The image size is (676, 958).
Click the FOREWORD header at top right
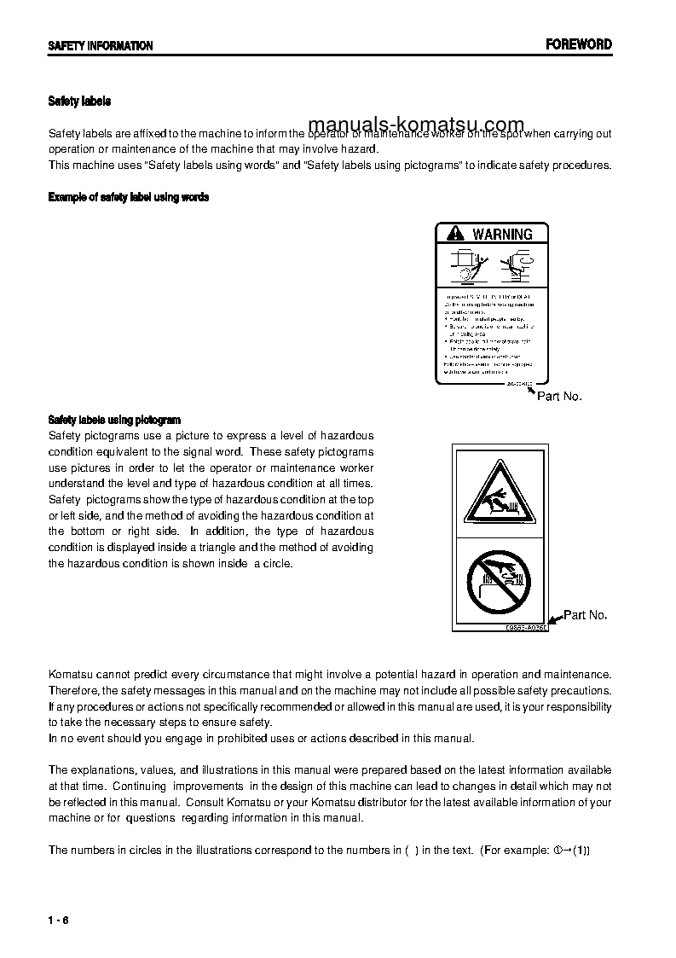579,44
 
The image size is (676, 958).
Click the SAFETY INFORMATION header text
100,46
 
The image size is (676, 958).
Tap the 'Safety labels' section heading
79,102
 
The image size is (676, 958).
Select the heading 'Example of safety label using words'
128,197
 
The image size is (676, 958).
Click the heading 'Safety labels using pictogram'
114,420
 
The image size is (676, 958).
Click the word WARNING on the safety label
502,234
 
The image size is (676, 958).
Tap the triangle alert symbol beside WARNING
456,234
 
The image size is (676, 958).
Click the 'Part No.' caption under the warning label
559,397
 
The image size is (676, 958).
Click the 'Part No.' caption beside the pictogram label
586,615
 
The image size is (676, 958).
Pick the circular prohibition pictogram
500,581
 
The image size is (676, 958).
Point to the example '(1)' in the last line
581,851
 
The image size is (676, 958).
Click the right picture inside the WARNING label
516,264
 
